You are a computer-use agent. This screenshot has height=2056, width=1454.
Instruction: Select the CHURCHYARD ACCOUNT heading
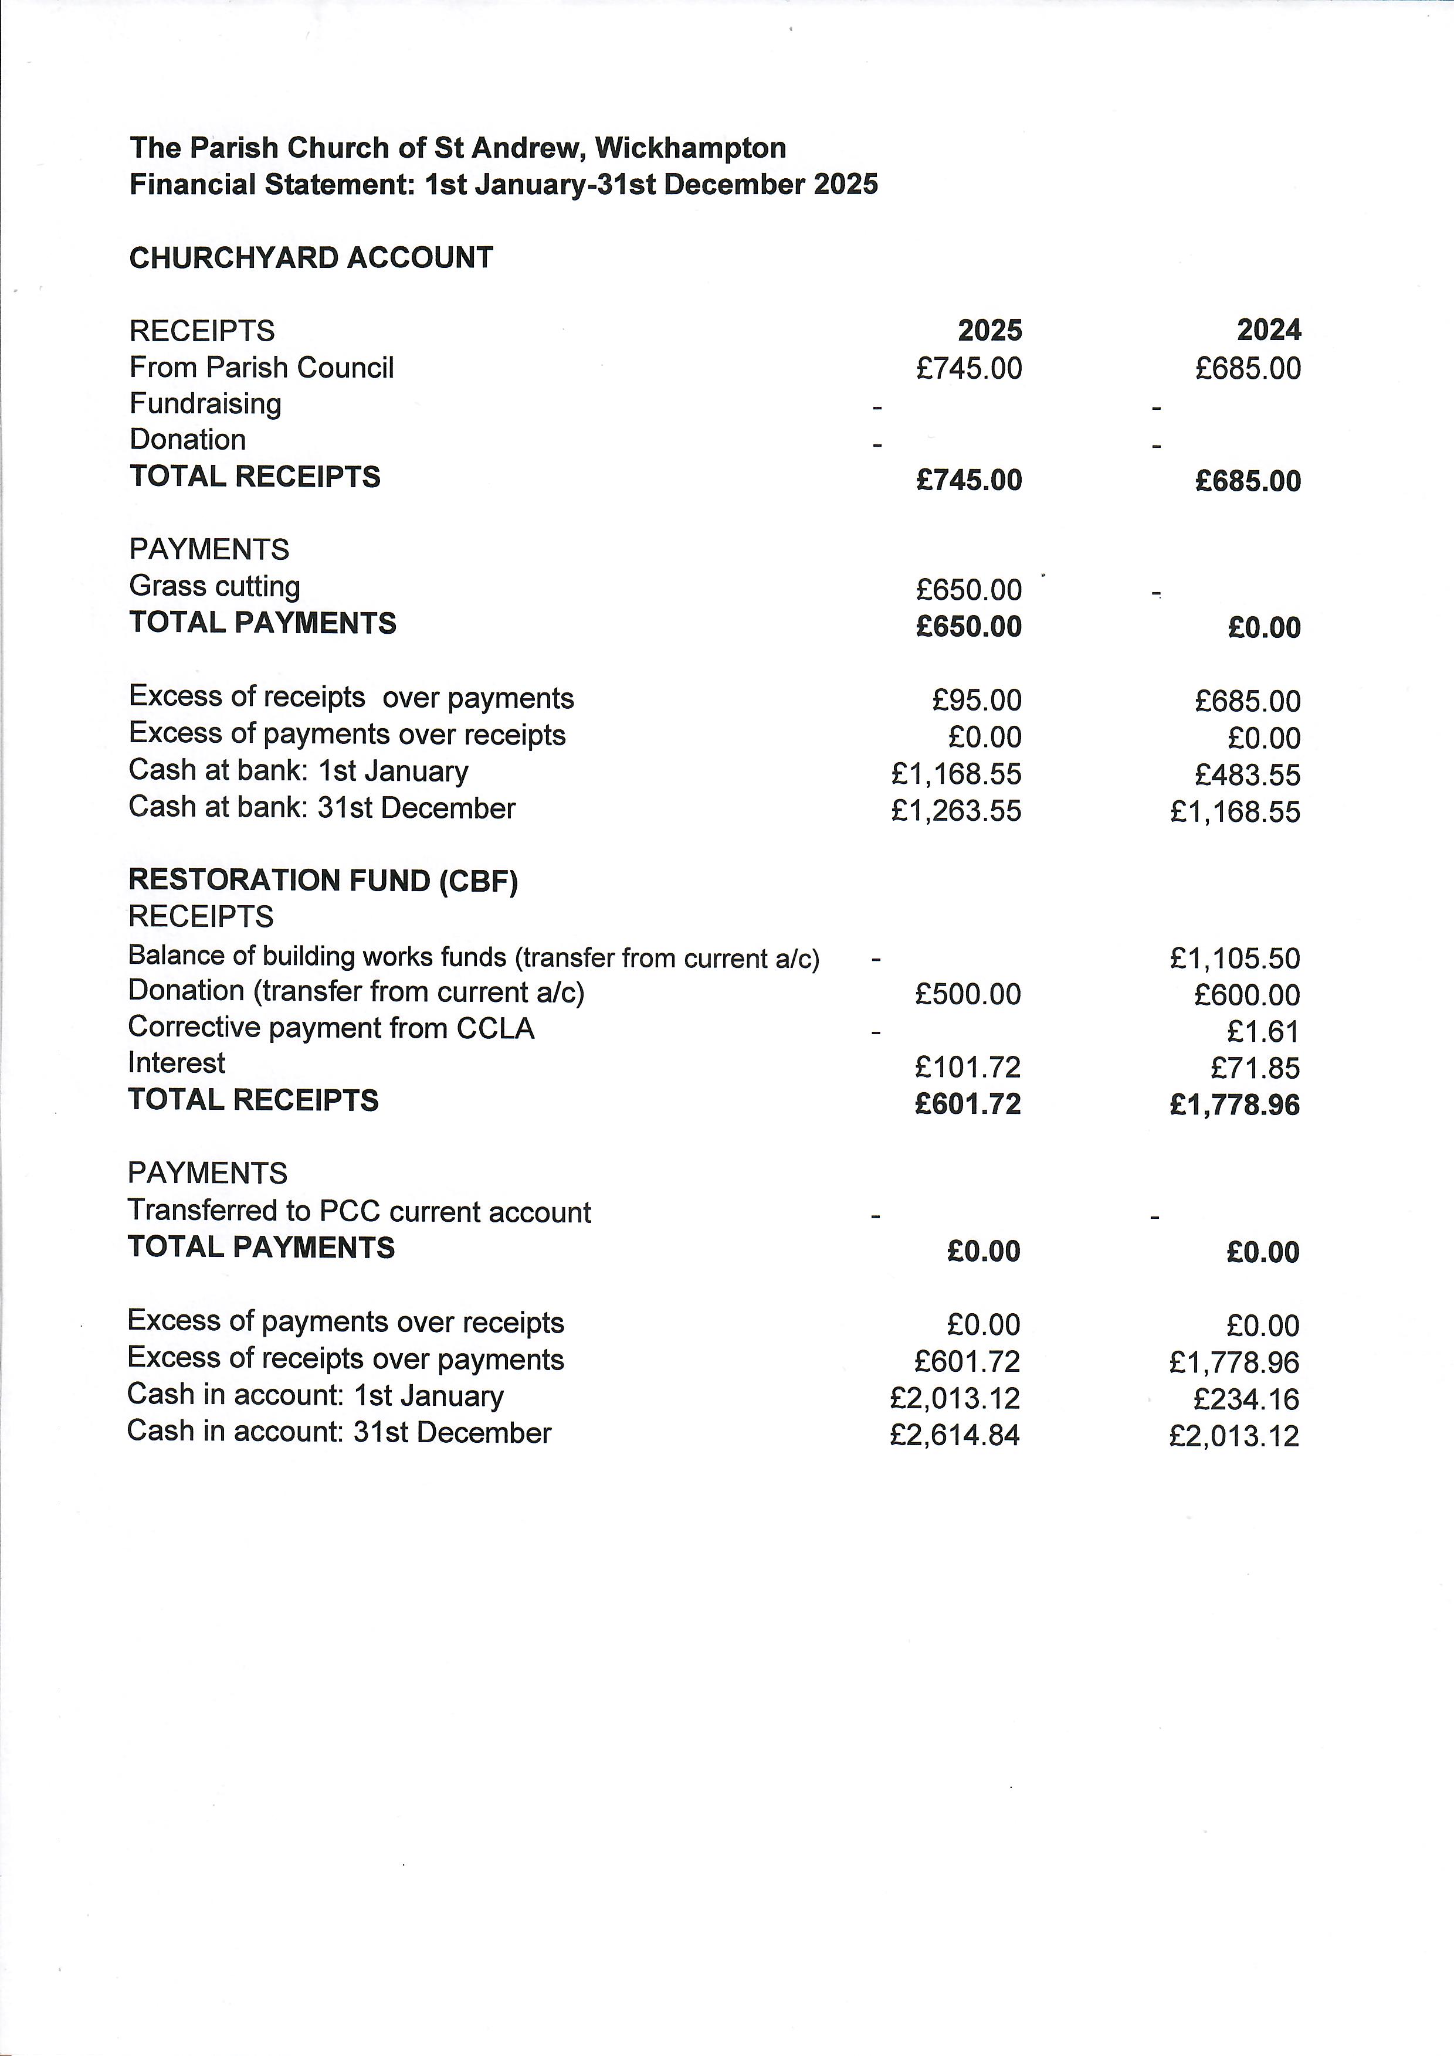(311, 258)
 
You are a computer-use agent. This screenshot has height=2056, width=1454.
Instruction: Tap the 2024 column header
(1269, 331)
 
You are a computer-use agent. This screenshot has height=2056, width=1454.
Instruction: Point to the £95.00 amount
(977, 700)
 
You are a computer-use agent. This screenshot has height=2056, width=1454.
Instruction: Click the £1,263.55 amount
(956, 810)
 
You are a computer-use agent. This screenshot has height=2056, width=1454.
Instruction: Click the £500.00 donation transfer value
(968, 994)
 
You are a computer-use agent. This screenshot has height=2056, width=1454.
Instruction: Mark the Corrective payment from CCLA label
(331, 1028)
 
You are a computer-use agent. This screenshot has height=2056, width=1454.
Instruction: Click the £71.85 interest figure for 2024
(1254, 1068)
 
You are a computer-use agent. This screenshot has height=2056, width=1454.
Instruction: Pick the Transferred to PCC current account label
(358, 1212)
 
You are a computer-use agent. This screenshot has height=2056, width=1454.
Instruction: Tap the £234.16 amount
(1246, 1399)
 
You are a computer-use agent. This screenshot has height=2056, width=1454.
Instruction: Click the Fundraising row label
(205, 404)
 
